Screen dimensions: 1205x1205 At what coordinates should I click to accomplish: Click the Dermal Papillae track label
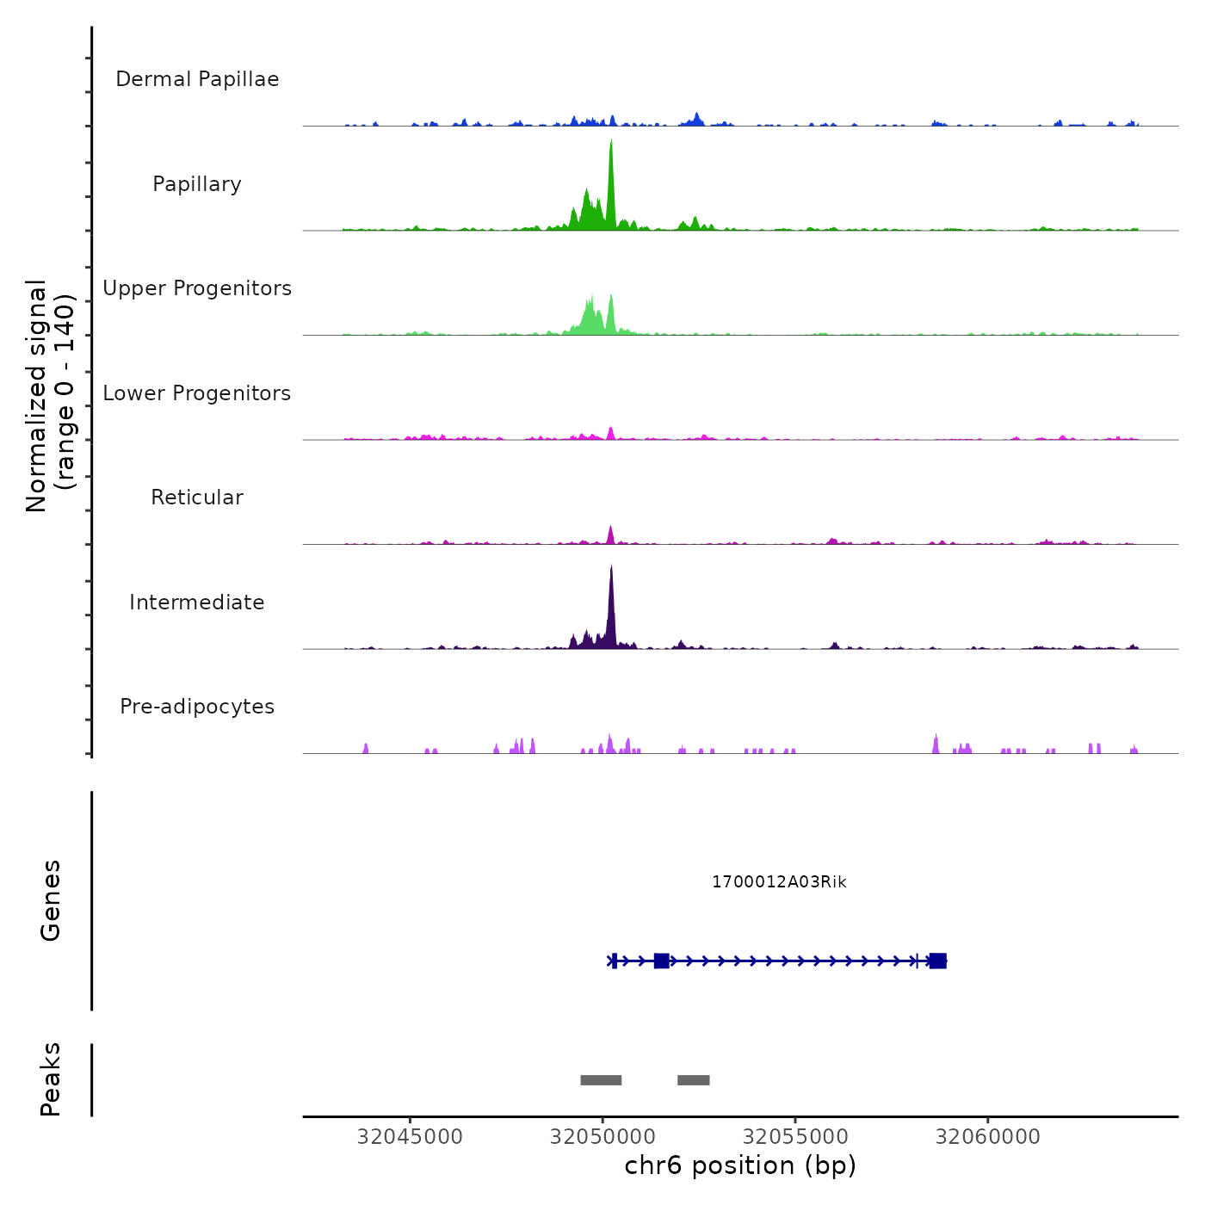pyautogui.click(x=197, y=79)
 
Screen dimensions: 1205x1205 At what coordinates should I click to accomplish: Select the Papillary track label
pyautogui.click(x=197, y=184)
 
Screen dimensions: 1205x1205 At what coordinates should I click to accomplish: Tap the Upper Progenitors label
pyautogui.click(x=197, y=288)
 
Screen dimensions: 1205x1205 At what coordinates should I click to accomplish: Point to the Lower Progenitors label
pyautogui.click(x=197, y=393)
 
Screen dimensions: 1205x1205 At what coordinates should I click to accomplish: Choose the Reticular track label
pyautogui.click(x=197, y=497)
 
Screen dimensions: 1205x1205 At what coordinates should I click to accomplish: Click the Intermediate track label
pyautogui.click(x=197, y=602)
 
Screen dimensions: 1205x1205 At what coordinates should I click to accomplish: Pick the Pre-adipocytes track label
pyautogui.click(x=197, y=707)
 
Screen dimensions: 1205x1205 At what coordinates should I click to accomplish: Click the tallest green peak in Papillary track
pyautogui.click(x=611, y=151)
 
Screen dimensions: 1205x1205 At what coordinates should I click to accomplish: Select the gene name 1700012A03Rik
pyautogui.click(x=779, y=882)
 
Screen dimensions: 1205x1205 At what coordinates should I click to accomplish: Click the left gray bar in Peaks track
pyautogui.click(x=601, y=1080)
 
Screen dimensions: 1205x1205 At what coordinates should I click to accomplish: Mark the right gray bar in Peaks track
pyautogui.click(x=694, y=1080)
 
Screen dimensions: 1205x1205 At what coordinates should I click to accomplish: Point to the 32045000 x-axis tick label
pyautogui.click(x=410, y=1137)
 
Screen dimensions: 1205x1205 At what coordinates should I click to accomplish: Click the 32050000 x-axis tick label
pyautogui.click(x=602, y=1137)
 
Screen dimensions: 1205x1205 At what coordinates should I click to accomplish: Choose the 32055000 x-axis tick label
pyautogui.click(x=795, y=1137)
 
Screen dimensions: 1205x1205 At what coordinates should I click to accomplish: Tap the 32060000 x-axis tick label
pyautogui.click(x=988, y=1137)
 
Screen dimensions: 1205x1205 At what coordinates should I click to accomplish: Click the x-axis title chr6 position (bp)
pyautogui.click(x=740, y=1166)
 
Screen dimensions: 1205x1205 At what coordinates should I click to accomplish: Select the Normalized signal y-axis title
pyautogui.click(x=50, y=396)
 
